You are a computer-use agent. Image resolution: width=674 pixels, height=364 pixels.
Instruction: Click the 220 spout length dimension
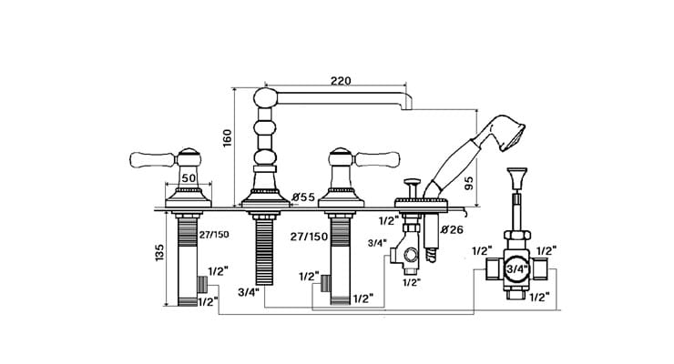[x=340, y=80]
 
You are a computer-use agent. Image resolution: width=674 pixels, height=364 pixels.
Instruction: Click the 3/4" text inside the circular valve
[x=516, y=269]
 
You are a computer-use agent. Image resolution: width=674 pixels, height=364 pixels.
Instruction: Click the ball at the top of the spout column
[x=264, y=98]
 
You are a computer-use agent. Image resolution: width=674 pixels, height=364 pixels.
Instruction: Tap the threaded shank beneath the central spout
[x=265, y=250]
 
